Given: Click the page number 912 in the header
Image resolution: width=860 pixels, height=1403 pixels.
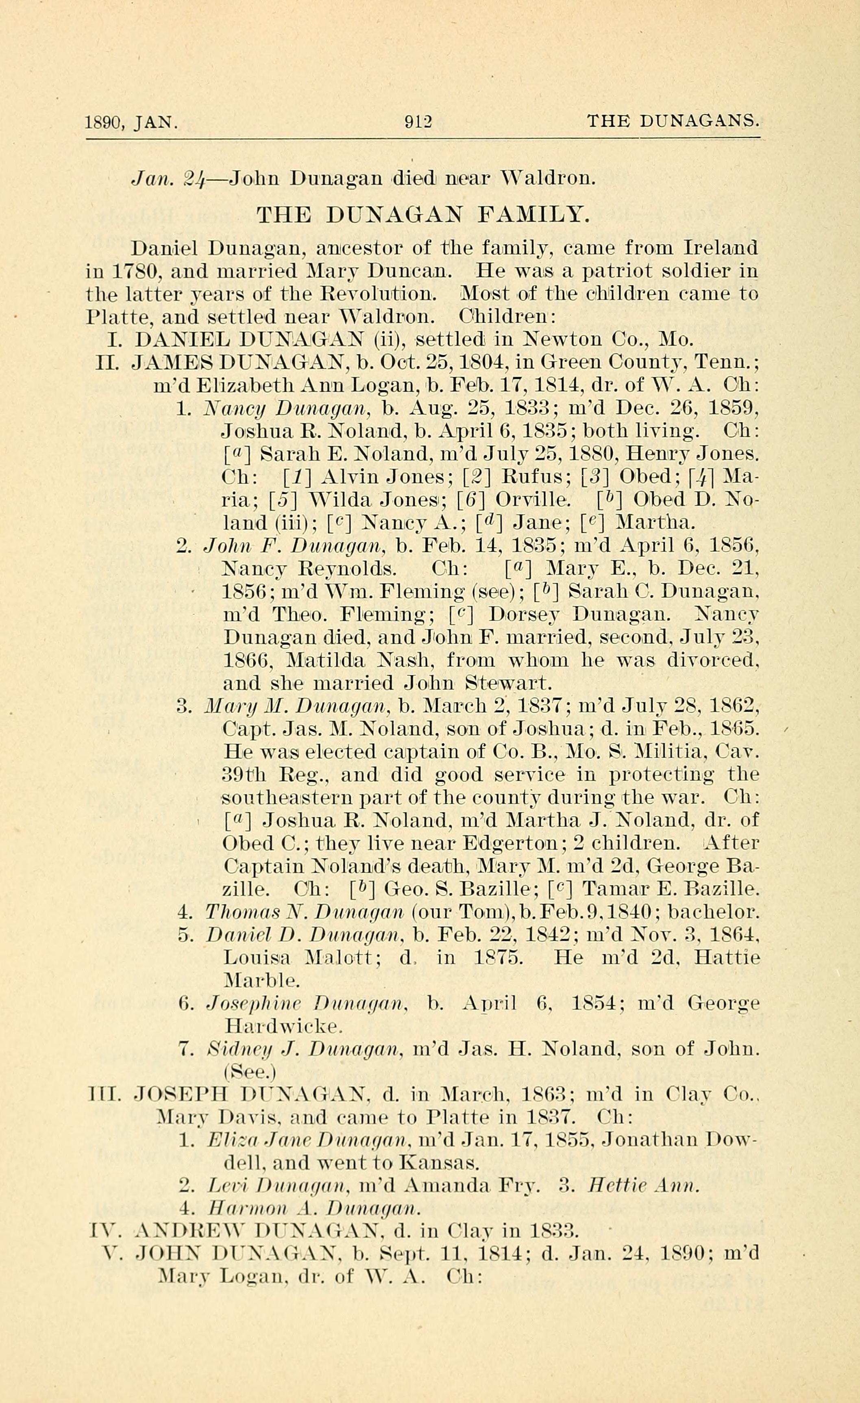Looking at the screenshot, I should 418,122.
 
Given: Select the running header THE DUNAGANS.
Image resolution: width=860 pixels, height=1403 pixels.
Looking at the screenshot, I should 673,121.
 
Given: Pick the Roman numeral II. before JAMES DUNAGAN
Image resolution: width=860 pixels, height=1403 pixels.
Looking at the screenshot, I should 108,363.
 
